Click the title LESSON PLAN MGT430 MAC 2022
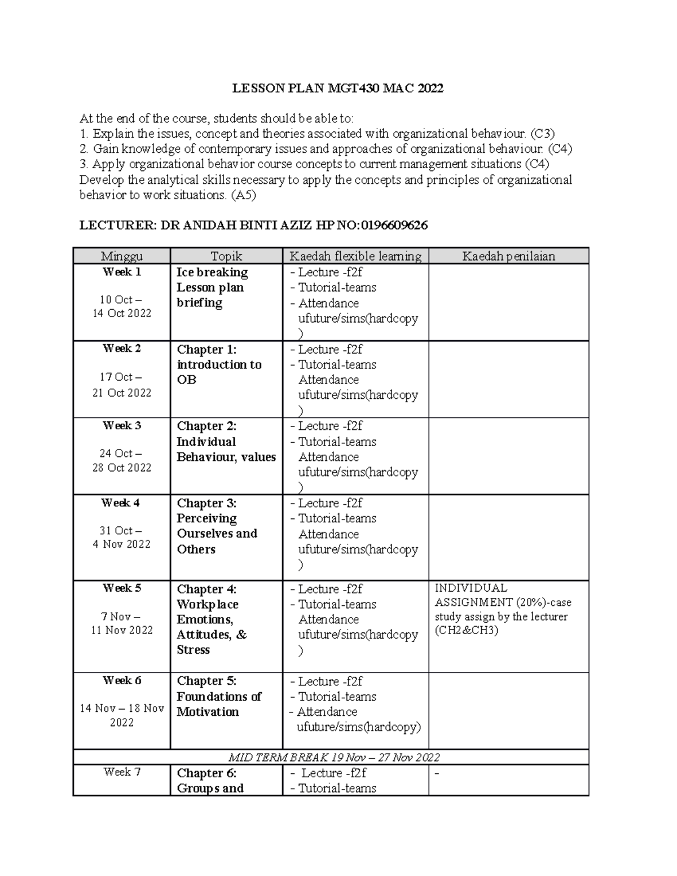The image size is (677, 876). click(338, 88)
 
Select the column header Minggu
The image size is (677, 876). click(122, 256)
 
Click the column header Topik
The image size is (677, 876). click(226, 256)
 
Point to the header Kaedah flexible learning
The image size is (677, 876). click(355, 256)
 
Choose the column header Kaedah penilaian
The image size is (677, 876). click(509, 256)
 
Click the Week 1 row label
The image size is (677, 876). click(122, 272)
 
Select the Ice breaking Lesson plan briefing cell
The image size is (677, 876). click(212, 287)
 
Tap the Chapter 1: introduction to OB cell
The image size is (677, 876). click(219, 364)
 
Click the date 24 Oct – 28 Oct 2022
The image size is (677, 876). click(122, 460)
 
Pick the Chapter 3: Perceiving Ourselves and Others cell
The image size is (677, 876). click(217, 526)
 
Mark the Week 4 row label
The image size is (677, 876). click(121, 503)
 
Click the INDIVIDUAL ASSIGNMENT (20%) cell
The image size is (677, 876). click(502, 609)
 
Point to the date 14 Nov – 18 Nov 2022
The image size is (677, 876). click(122, 715)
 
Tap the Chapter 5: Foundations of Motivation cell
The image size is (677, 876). click(218, 696)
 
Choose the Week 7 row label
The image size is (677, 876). click(122, 772)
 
